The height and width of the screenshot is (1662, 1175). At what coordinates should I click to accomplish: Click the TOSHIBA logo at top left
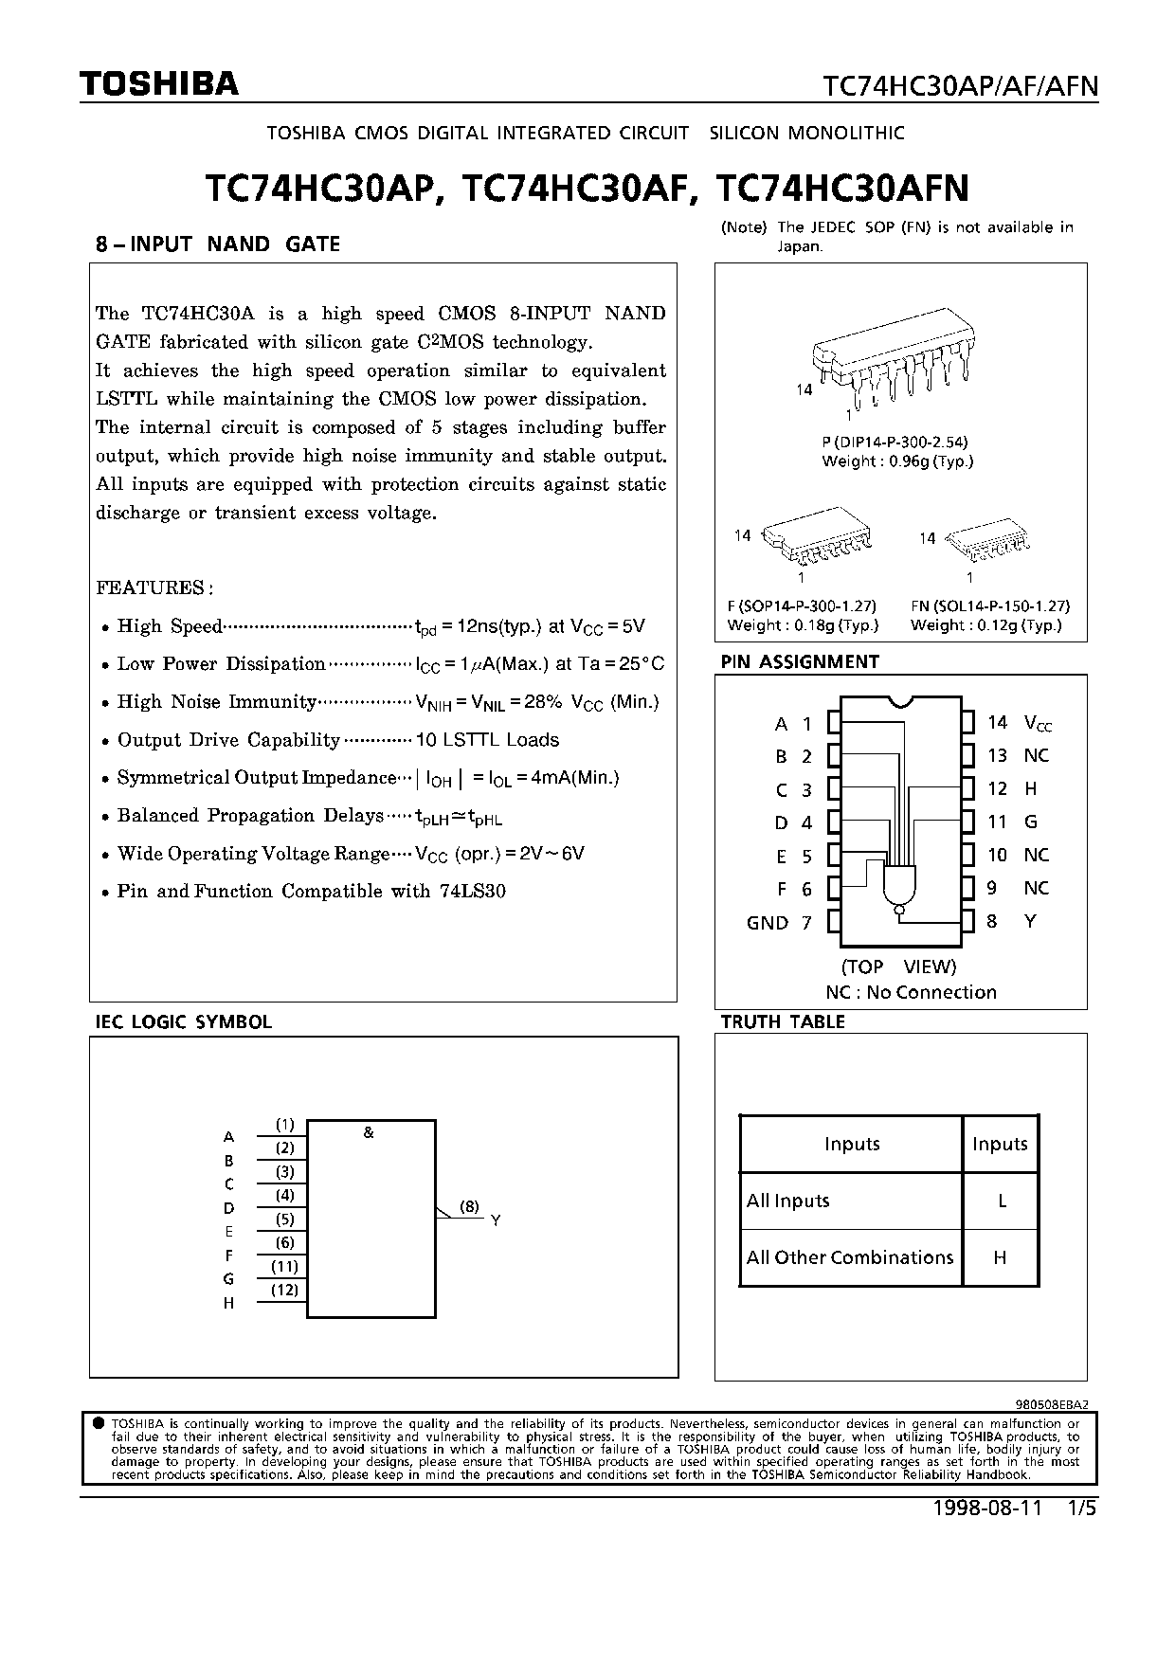click(158, 84)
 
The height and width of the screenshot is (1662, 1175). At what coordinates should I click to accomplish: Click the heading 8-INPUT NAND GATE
click(218, 244)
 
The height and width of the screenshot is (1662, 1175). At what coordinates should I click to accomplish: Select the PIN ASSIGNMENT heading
click(800, 661)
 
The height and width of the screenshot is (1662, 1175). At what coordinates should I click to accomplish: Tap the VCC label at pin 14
click(1038, 723)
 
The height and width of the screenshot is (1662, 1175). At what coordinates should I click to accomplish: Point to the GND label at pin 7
click(767, 922)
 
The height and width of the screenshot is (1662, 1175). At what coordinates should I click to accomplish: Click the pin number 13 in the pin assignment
click(997, 755)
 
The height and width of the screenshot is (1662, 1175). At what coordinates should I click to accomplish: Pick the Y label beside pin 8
click(1030, 921)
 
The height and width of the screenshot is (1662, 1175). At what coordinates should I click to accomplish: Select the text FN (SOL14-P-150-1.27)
click(989, 605)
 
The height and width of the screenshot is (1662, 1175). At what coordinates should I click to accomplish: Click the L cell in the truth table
click(1001, 1201)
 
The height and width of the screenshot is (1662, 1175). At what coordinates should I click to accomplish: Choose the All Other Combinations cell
click(850, 1257)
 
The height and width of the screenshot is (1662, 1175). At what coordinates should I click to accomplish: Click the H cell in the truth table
click(1000, 1257)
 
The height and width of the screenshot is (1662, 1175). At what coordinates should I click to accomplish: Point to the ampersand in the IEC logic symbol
click(369, 1132)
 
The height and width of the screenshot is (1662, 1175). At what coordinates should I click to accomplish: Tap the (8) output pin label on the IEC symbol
click(469, 1206)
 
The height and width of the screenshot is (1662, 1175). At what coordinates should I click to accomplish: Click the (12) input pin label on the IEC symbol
click(284, 1289)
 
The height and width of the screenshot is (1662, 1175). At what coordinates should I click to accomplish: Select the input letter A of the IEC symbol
click(228, 1136)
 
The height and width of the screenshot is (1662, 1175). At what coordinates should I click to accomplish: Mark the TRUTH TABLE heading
click(782, 1021)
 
